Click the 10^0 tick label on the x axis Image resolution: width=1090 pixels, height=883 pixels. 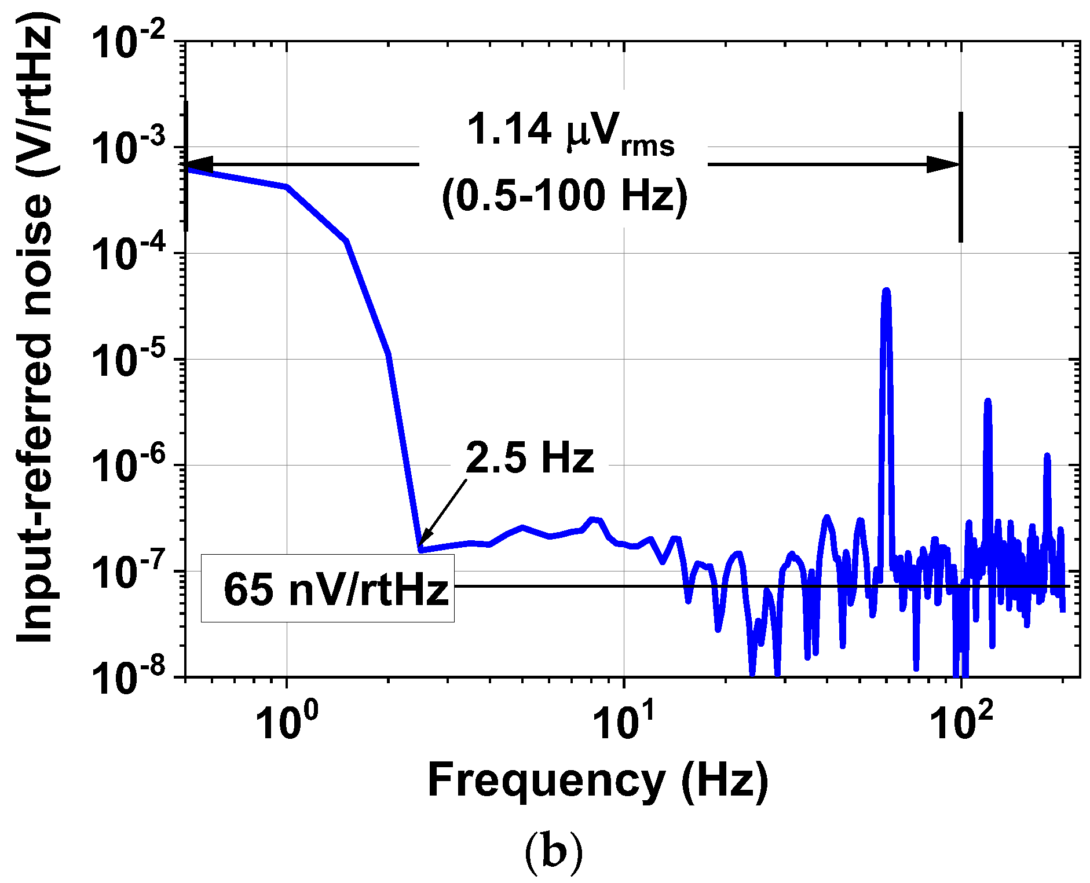[287, 721]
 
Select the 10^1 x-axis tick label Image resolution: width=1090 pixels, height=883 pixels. [623, 721]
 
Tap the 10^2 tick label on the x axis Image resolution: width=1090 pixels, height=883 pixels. [961, 721]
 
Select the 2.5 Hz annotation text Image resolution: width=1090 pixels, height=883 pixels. [530, 457]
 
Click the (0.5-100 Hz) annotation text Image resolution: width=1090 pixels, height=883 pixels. [565, 196]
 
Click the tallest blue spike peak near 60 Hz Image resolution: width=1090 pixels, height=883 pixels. [886, 291]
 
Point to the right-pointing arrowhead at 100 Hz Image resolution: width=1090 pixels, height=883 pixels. [944, 164]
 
